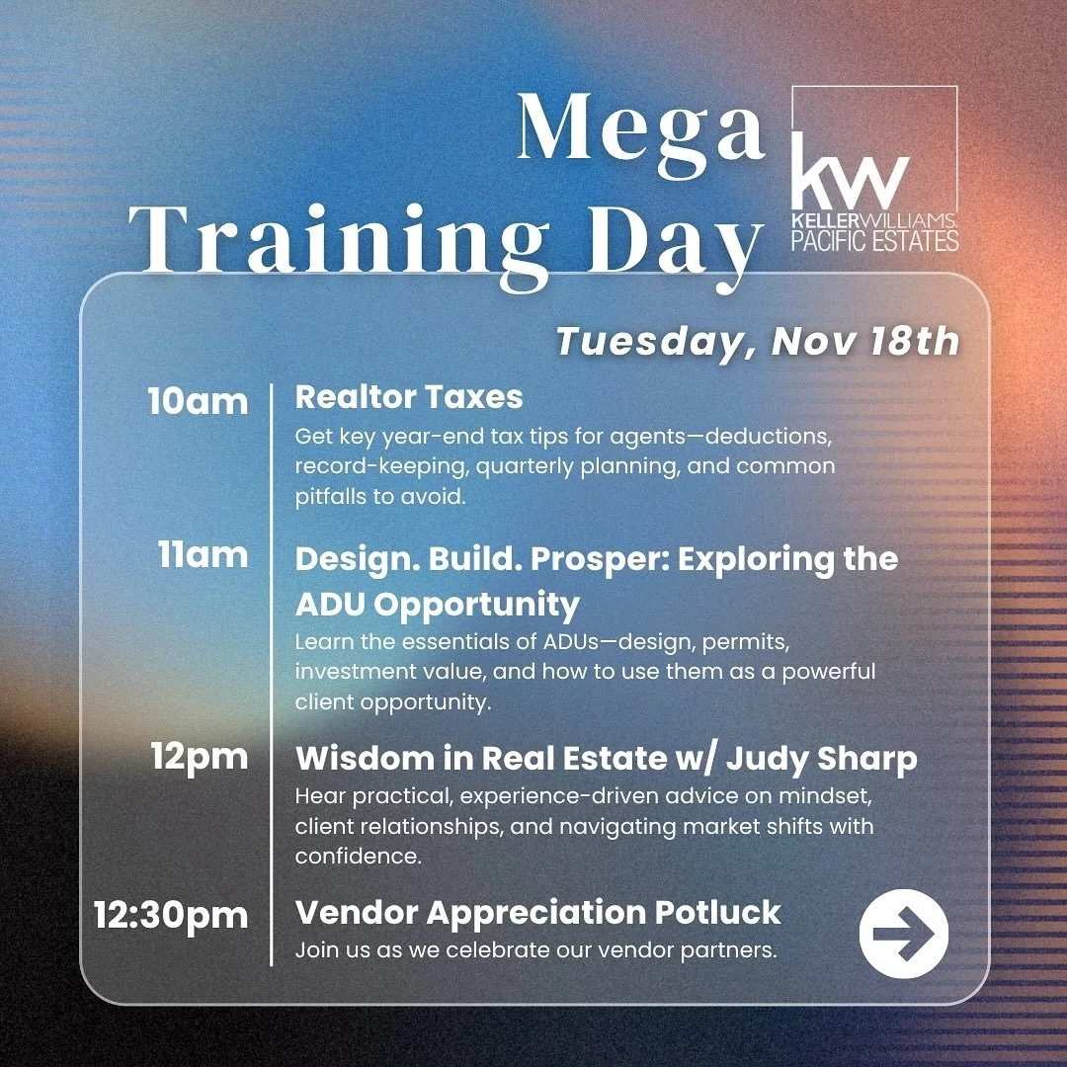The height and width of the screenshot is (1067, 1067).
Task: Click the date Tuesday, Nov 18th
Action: coord(757,341)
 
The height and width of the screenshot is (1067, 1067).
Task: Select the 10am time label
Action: coord(198,401)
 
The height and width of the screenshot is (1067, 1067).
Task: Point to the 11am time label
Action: coord(203,555)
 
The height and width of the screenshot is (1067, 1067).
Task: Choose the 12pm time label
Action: coord(200,757)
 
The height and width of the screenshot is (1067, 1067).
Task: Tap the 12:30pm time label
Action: coord(171,914)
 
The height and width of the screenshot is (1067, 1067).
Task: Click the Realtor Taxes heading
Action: coord(409,397)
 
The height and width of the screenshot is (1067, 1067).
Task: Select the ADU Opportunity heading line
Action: coord(437,603)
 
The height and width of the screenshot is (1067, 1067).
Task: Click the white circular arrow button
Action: coord(903,933)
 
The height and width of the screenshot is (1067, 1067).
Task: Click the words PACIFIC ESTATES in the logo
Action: coord(875,240)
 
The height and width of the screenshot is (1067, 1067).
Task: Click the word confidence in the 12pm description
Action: coord(359,857)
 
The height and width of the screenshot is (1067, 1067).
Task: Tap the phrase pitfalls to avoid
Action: coord(379,497)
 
